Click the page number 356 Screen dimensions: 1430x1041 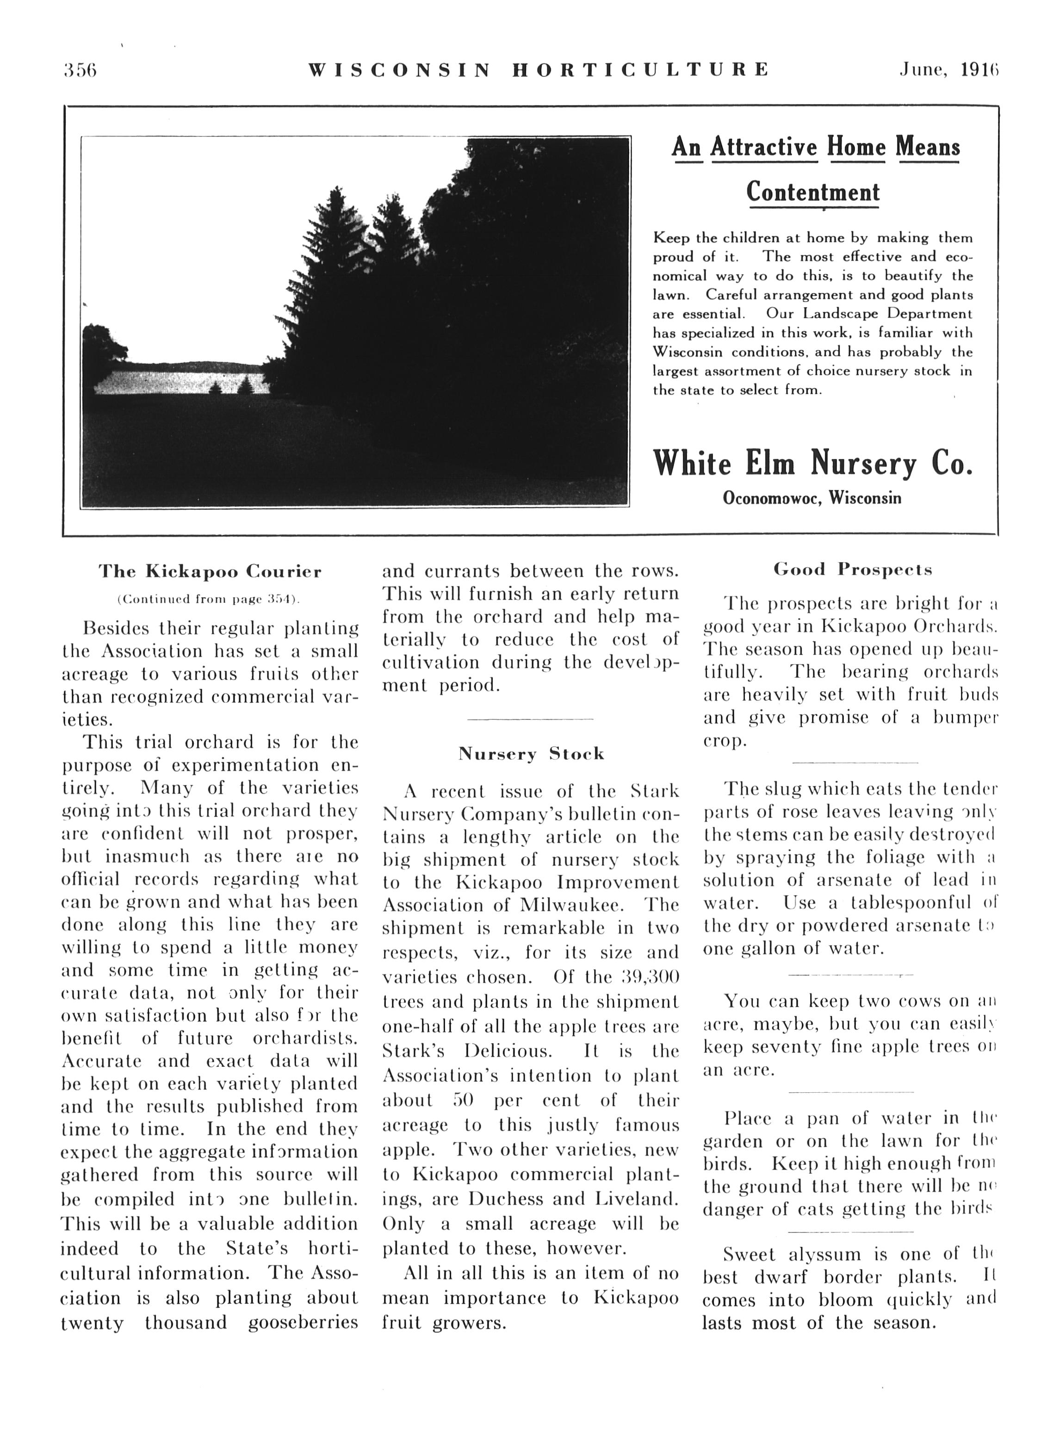[80, 70]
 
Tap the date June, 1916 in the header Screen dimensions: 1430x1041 [949, 69]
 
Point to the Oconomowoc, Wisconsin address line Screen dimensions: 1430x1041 [812, 498]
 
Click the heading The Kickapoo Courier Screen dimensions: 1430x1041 [210, 572]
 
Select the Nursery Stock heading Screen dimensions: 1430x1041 [531, 754]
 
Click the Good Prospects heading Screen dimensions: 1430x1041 [853, 570]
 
